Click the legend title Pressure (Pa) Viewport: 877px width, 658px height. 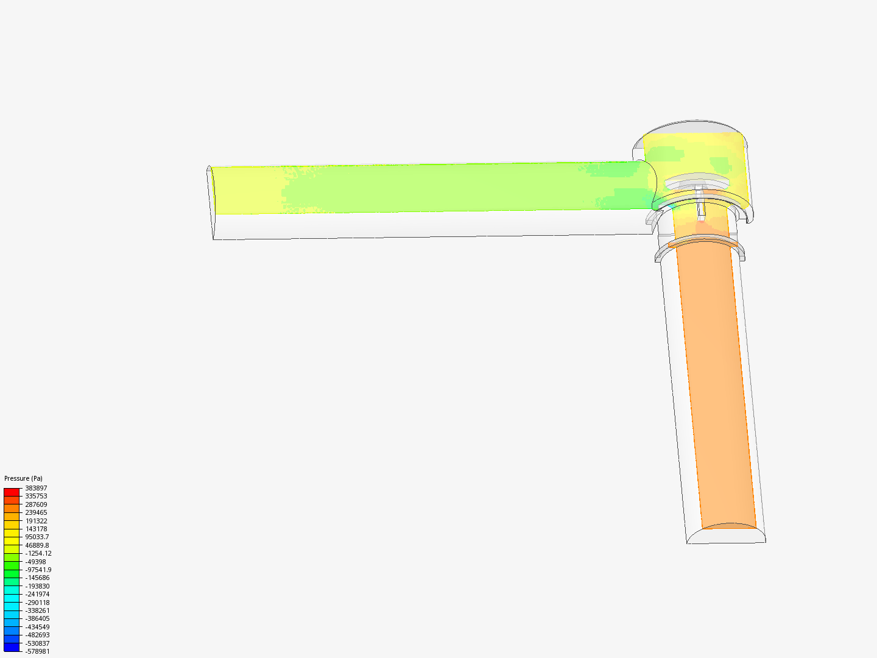[23, 478]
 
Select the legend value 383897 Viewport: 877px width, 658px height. [36, 488]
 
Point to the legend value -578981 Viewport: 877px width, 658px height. [38, 651]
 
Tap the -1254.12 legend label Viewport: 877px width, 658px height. [38, 553]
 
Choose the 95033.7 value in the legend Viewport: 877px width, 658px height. [37, 537]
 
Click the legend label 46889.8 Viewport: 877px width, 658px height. [37, 545]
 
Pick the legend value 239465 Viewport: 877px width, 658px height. [36, 512]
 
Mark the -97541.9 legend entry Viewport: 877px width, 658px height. [38, 570]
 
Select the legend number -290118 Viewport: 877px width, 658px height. [38, 603]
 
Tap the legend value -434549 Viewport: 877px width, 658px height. [38, 627]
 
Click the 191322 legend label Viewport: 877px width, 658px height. [36, 521]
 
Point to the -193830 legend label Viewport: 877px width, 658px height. [38, 586]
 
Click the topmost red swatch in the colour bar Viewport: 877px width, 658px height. [12, 492]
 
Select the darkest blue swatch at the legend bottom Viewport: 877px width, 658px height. [12, 648]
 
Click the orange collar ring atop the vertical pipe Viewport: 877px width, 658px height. [703, 242]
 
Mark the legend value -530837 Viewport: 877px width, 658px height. [38, 643]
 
